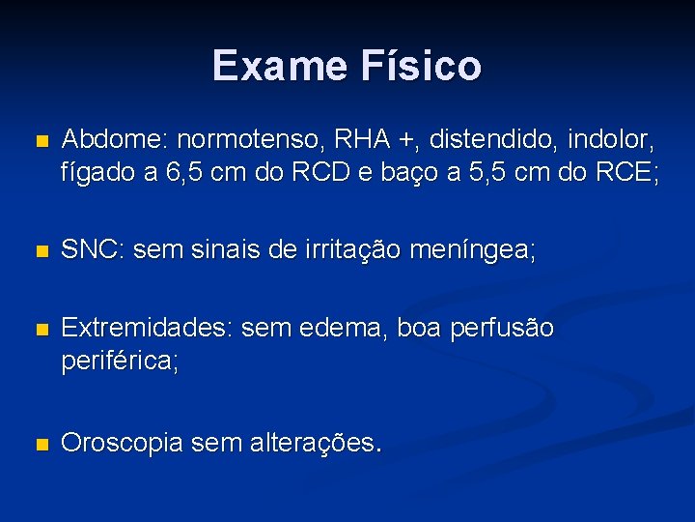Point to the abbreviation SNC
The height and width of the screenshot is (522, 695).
coord(92,251)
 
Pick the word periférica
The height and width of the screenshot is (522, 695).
coord(120,363)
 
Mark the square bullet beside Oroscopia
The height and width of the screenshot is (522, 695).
coord(40,444)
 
